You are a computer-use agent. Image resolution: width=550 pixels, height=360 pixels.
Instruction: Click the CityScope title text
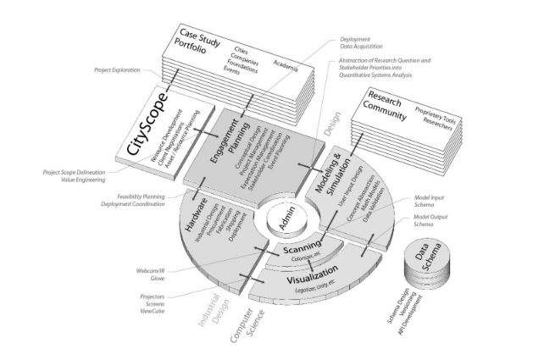pos(145,126)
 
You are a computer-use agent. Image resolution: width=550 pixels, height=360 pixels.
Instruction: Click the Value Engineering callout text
pos(81,180)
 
